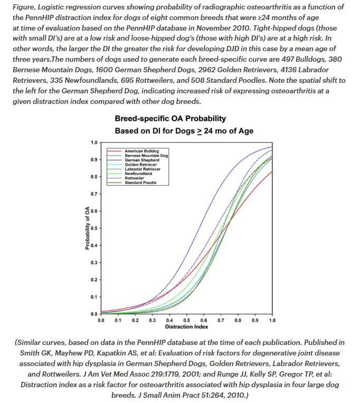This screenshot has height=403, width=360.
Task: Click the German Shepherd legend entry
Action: click(x=138, y=160)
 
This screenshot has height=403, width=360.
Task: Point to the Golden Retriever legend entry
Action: click(x=139, y=165)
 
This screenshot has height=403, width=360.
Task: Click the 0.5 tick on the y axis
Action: click(x=93, y=228)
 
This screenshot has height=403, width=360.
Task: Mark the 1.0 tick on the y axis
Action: click(x=93, y=142)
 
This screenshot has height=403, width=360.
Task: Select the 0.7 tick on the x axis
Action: click(x=221, y=320)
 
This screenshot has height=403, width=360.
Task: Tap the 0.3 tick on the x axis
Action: click(x=153, y=320)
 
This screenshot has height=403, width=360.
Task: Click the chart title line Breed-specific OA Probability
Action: click(x=170, y=119)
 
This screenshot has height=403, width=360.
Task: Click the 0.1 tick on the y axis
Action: click(x=93, y=297)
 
